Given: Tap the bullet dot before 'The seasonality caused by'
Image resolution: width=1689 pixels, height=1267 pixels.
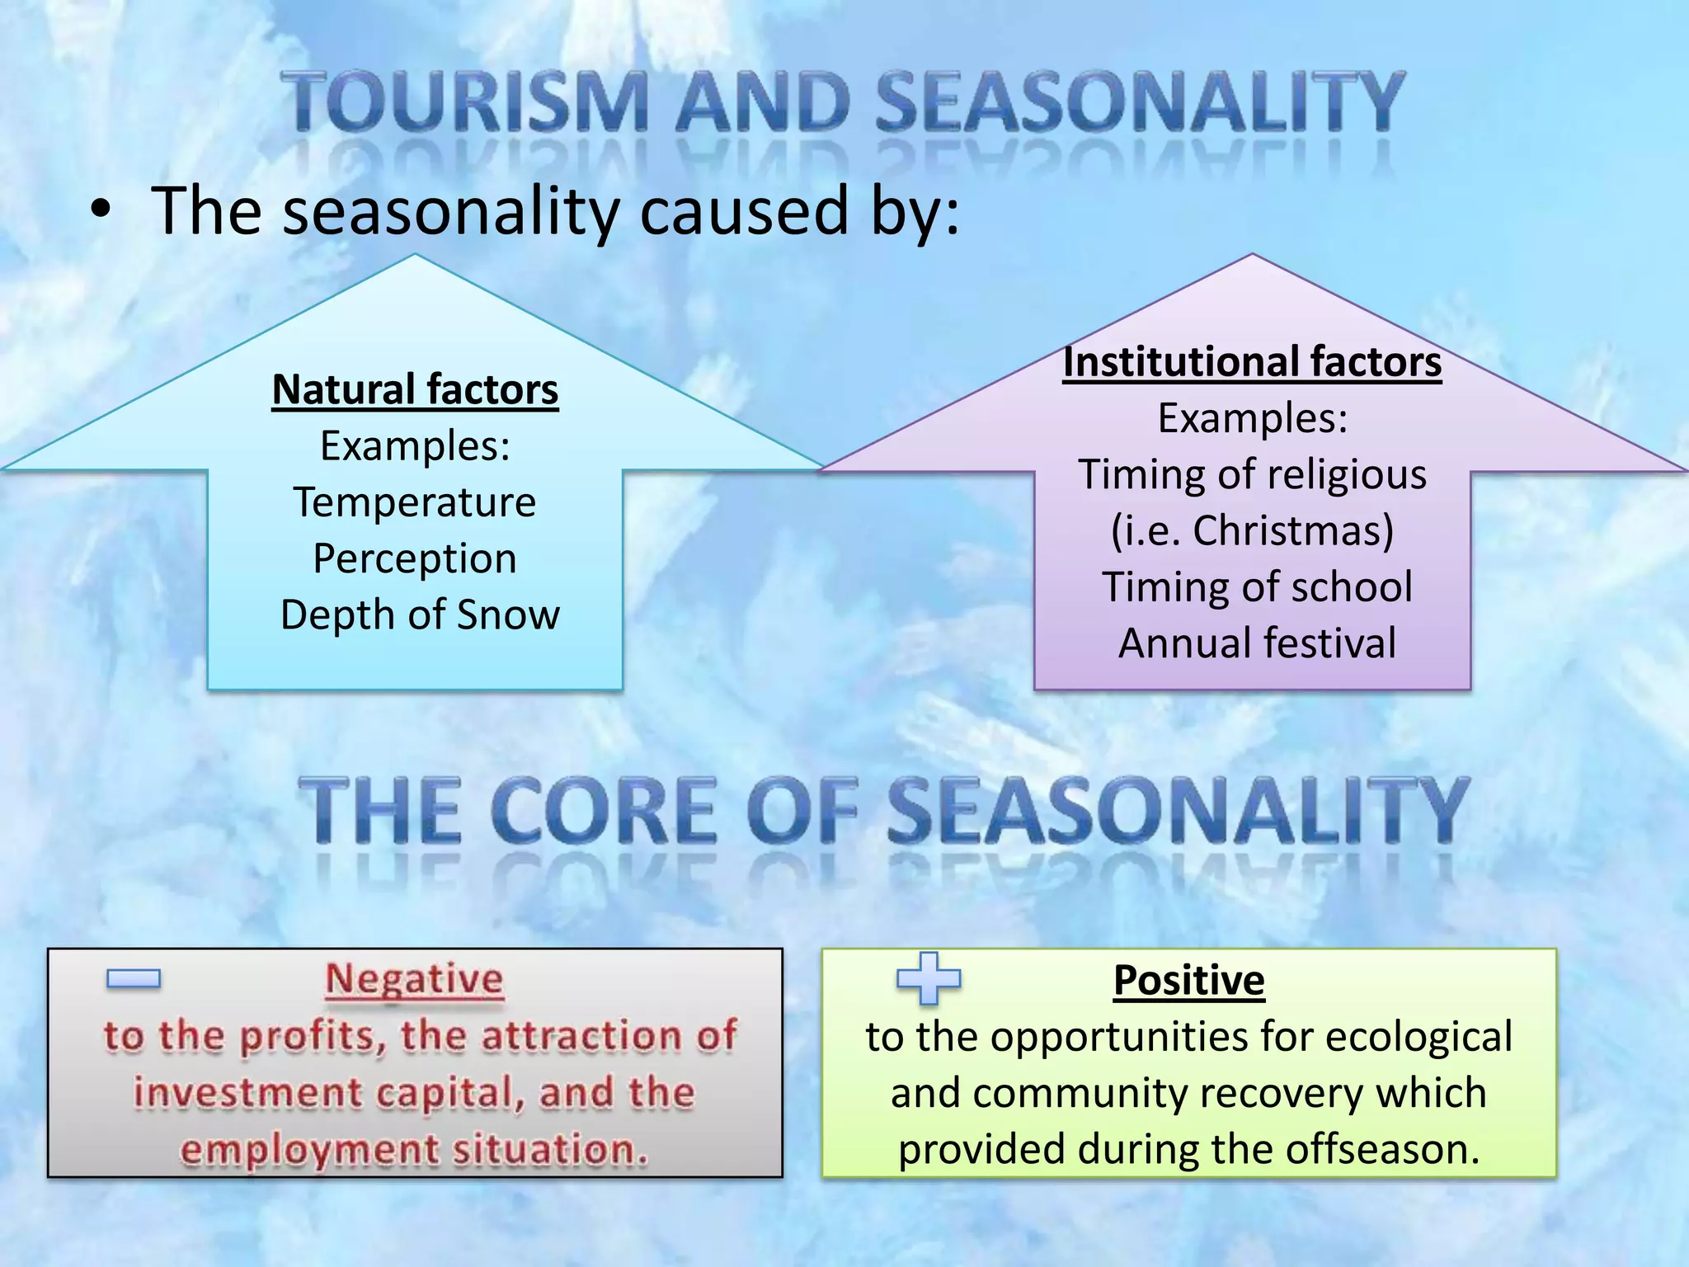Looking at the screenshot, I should [x=100, y=211].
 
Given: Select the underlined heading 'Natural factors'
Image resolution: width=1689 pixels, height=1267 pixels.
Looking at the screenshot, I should [x=415, y=389].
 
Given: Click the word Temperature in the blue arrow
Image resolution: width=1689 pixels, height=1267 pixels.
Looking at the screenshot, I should [x=415, y=502].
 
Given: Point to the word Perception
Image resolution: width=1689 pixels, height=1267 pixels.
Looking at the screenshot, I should [x=415, y=558].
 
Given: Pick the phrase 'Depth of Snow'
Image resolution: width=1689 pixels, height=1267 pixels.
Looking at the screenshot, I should [x=420, y=615].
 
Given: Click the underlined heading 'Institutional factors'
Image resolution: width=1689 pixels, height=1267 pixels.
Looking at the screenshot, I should [x=1252, y=362].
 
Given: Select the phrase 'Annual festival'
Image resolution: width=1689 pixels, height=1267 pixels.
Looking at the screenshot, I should [x=1257, y=643].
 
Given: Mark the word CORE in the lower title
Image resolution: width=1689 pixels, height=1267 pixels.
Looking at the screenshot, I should [x=606, y=812].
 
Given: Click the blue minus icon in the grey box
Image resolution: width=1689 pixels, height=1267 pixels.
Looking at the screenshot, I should [x=134, y=979].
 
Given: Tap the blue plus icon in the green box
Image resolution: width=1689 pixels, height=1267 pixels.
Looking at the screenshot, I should [x=929, y=978].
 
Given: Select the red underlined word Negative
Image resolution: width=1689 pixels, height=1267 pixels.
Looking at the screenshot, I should [x=414, y=980].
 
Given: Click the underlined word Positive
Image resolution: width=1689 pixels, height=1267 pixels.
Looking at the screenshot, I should [x=1188, y=980].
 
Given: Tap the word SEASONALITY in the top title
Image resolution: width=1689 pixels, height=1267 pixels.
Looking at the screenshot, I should [x=1139, y=102].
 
